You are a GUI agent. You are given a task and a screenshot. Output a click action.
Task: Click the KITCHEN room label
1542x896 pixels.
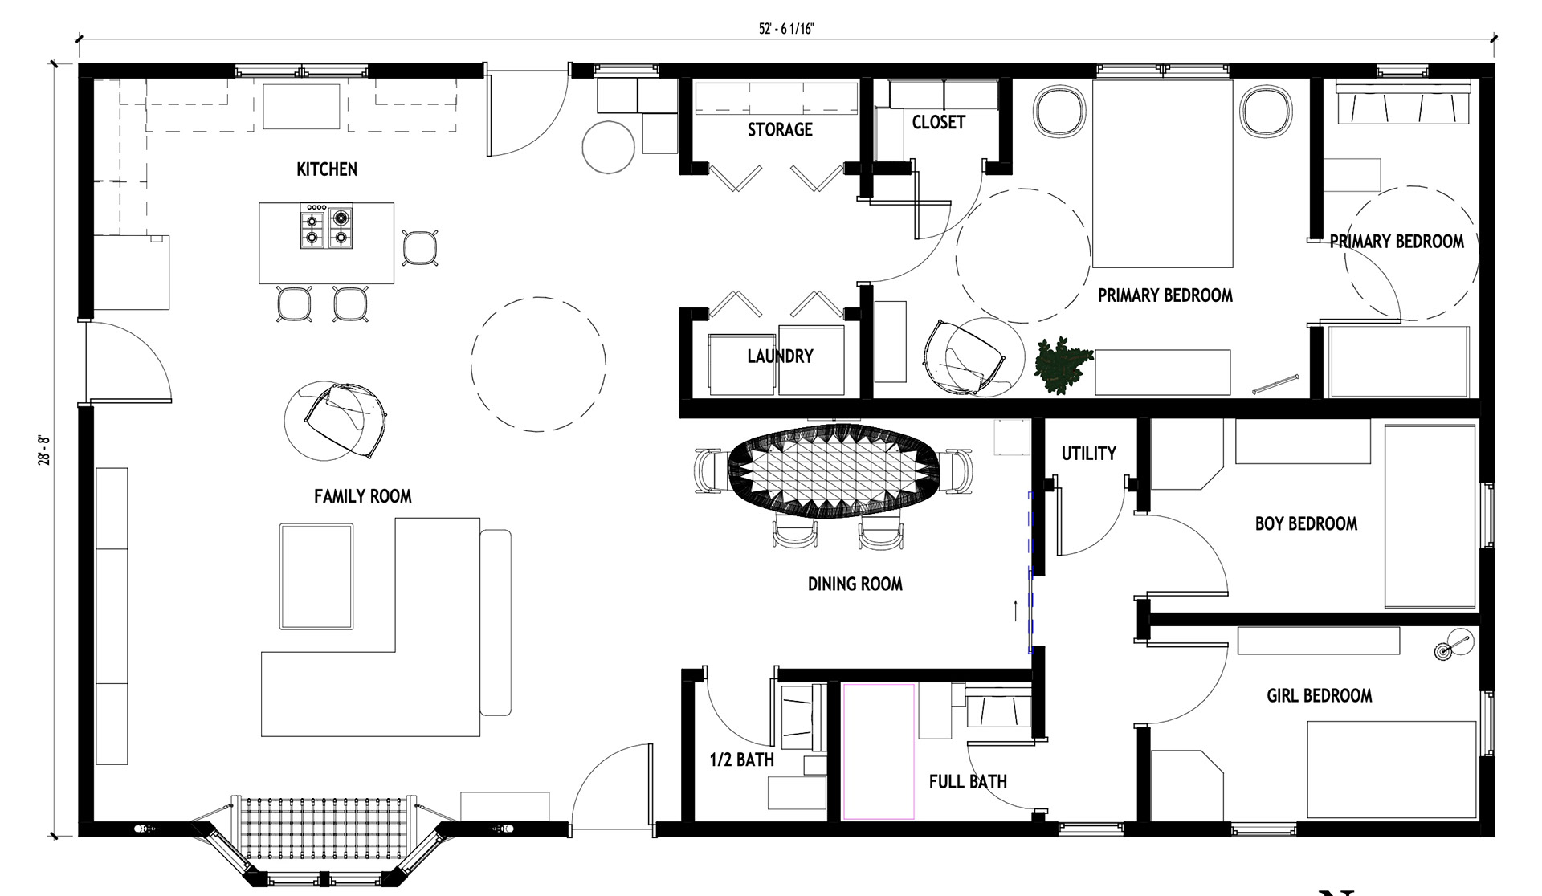(x=327, y=169)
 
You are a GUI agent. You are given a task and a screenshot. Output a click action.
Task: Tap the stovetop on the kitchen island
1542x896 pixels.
(x=326, y=226)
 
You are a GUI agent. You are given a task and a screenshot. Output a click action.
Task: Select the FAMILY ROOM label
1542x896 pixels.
(x=362, y=496)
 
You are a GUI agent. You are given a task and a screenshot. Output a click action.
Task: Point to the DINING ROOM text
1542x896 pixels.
(x=855, y=584)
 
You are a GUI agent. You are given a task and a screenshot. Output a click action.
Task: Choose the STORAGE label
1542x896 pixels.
(x=780, y=129)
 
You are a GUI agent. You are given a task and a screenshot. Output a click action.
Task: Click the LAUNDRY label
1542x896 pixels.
(x=780, y=356)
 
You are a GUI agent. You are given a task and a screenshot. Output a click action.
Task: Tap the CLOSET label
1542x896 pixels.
(x=938, y=122)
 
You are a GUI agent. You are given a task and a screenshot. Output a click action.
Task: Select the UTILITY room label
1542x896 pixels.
(x=1088, y=454)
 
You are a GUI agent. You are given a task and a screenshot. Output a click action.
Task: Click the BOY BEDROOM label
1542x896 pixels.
(x=1306, y=523)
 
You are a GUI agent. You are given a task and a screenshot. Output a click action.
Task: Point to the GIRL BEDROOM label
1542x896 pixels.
(x=1319, y=695)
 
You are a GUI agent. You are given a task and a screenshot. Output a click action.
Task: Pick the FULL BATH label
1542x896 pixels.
(x=968, y=781)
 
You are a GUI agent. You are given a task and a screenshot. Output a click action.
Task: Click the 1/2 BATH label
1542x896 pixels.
(x=741, y=760)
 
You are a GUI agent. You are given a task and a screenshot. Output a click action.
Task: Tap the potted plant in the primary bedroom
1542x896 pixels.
(x=1063, y=365)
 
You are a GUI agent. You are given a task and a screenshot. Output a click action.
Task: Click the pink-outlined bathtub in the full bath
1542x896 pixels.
(x=879, y=751)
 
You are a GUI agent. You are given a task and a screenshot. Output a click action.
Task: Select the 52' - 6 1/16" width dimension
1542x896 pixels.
(x=786, y=29)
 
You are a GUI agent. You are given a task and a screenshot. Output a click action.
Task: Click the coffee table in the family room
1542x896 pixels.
(x=316, y=576)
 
